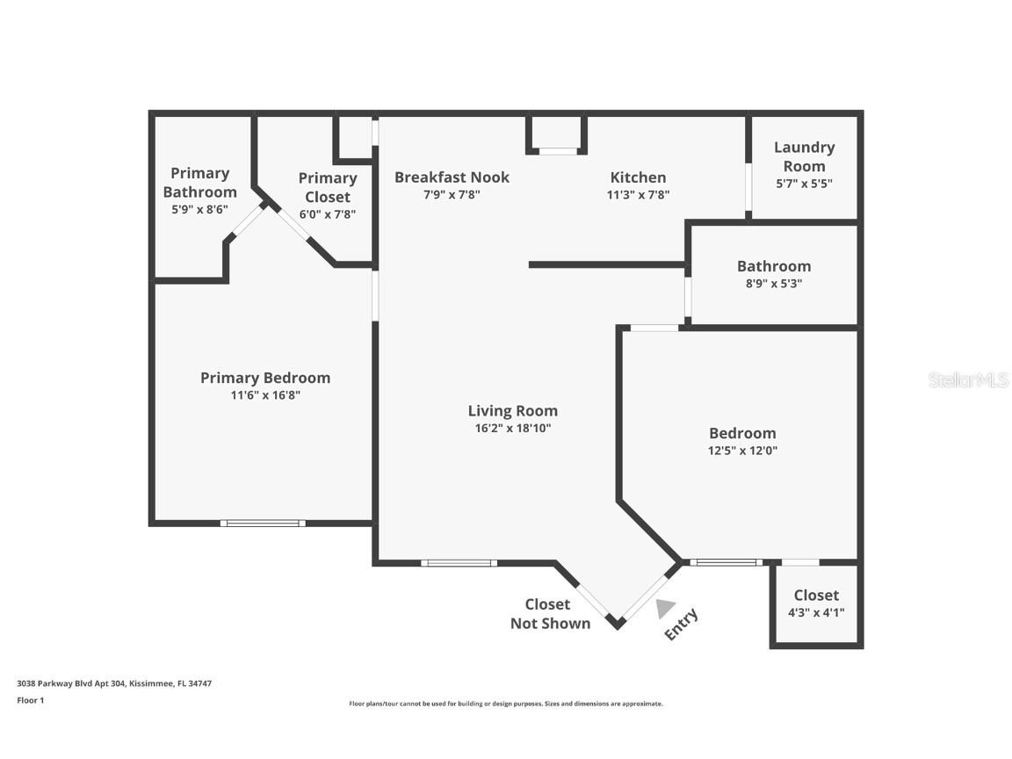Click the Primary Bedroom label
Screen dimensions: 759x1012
coord(265,378)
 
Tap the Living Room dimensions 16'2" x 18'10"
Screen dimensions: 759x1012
coord(512,429)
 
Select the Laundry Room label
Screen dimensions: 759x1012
coord(804,156)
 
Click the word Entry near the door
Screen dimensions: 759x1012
coord(682,625)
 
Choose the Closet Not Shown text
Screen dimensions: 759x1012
coord(550,614)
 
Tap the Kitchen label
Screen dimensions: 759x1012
coord(638,177)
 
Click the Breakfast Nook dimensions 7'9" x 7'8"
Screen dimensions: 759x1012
coord(452,195)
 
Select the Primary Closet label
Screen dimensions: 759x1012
coord(327,188)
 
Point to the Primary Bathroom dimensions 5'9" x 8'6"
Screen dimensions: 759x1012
coord(199,210)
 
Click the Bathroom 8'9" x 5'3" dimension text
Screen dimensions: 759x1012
coord(774,284)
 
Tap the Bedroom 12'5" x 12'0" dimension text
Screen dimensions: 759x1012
coord(742,451)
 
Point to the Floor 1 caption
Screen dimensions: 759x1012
coord(30,700)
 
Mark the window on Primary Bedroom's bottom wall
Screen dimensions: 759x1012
coord(263,524)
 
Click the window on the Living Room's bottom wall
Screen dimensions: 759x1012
coord(459,563)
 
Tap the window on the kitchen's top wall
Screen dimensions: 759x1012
coord(557,151)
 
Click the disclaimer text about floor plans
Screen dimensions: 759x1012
coord(506,704)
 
